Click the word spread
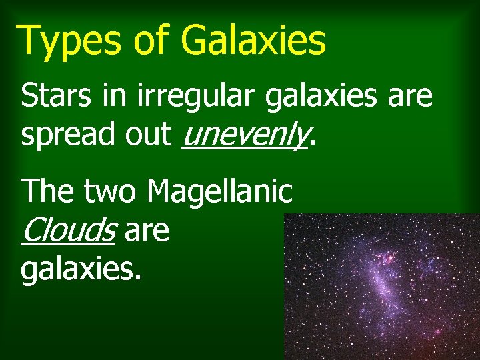(61, 135)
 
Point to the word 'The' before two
(49, 192)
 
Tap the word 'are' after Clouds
(147, 232)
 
